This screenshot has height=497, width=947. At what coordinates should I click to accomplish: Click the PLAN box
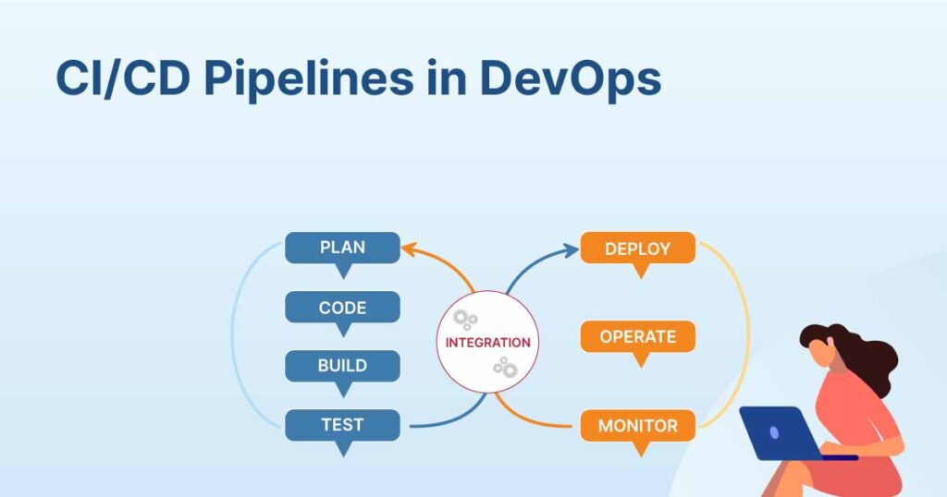[342, 248]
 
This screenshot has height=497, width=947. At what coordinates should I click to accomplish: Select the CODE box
[342, 308]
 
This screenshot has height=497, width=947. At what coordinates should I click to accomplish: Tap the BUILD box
[342, 366]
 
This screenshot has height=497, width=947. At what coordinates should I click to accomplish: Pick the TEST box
[342, 425]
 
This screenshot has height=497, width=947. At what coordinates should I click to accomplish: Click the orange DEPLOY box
[638, 248]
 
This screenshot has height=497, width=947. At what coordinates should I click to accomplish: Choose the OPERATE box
[638, 336]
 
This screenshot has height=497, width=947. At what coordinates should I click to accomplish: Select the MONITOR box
[638, 426]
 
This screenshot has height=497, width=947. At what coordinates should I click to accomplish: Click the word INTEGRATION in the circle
[488, 343]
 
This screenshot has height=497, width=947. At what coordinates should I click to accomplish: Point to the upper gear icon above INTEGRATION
[465, 320]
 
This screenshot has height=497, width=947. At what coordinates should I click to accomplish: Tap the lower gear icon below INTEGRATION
[506, 368]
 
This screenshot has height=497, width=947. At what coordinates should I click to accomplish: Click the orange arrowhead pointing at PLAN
[409, 248]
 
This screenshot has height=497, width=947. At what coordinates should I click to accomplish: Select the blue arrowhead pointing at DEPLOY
[570, 250]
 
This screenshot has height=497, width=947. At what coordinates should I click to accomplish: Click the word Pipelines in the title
[309, 79]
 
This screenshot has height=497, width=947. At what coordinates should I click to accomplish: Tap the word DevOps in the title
[570, 79]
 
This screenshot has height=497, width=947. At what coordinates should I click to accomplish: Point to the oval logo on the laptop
[774, 431]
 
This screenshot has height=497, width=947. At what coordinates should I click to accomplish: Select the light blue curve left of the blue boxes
[232, 335]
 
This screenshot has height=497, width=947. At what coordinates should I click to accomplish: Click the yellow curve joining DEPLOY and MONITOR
[748, 335]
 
